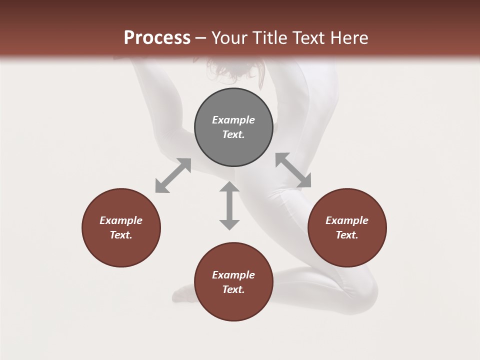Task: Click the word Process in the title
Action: (157, 38)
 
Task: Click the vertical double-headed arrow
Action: (229, 205)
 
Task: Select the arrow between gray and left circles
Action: (173, 175)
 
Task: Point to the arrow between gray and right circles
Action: (293, 170)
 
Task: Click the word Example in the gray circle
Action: (233, 120)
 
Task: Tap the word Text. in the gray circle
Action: (233, 134)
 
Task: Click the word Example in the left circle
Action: (121, 220)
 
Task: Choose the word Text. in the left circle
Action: (121, 235)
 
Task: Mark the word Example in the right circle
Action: (347, 220)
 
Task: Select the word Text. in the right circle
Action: (347, 235)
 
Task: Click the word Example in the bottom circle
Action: (233, 275)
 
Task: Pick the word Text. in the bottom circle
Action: (233, 289)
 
